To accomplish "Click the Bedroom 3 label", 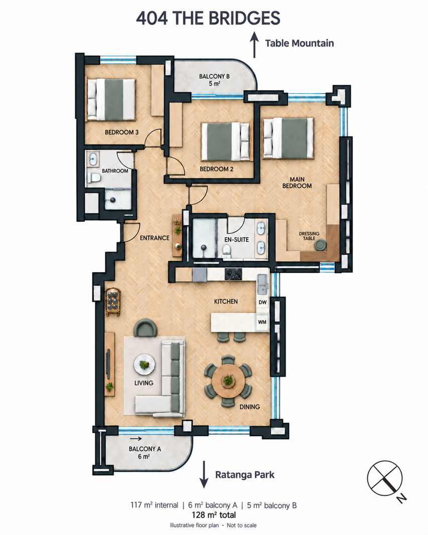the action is click(121, 132).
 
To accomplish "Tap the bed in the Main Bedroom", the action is click(288, 138).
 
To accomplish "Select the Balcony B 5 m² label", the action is click(214, 79).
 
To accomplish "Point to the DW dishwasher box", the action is click(262, 302).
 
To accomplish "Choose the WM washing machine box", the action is click(262, 322).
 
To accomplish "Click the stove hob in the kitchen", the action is click(233, 274).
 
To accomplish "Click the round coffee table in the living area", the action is click(145, 364).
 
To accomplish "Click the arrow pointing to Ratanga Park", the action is click(204, 474).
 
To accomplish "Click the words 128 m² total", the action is click(214, 515).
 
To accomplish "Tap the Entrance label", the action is click(155, 238).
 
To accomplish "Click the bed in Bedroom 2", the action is click(226, 141).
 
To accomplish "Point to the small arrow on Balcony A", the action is click(136, 439).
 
